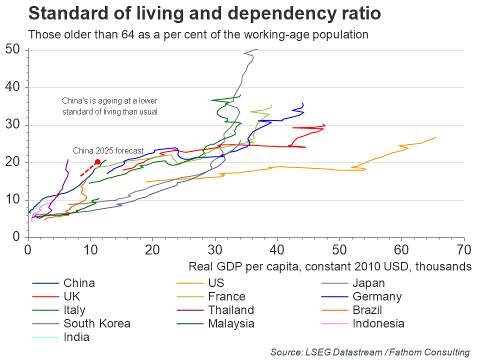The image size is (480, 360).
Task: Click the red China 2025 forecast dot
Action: coord(97,162)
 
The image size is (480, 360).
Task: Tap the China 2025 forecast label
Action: coord(108,150)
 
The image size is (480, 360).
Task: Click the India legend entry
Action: coord(76,336)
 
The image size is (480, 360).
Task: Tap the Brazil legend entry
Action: coord(370,310)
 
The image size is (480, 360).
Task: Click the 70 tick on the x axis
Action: coord(464,248)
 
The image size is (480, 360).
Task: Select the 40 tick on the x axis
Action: coord(277,248)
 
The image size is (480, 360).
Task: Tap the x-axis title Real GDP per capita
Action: coord(330,265)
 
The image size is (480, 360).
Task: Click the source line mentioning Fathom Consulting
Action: coord(370,352)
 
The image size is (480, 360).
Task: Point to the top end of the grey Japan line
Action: coord(257,49)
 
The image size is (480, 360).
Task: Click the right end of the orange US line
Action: coord(436,137)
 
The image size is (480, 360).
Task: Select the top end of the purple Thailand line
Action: coord(68,159)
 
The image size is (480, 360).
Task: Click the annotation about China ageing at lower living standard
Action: coord(110,106)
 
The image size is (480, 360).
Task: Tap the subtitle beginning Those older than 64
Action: coord(198,35)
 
